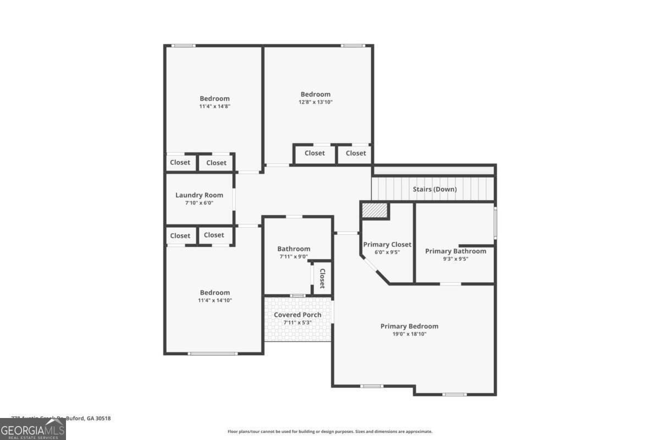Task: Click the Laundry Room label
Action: [199, 195]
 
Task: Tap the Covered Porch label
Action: [298, 315]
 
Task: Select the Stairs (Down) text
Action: [435, 190]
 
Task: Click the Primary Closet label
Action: [387, 245]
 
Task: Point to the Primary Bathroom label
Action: [455, 251]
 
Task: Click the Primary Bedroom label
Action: [409, 326]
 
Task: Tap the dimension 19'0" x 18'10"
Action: [409, 334]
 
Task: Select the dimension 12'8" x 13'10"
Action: [315, 102]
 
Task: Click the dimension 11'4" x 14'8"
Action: [215, 106]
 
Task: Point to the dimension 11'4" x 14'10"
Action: [215, 300]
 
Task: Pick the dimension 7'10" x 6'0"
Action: [199, 203]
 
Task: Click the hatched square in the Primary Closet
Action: [376, 210]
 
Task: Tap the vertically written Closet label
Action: [322, 278]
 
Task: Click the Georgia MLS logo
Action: [33, 429]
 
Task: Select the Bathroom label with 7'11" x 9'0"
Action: [294, 249]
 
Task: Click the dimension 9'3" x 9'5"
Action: [455, 258]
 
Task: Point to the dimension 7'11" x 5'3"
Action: [298, 322]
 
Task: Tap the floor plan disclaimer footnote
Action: [330, 432]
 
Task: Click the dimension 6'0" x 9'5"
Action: [387, 252]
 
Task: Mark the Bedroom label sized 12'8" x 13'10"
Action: [315, 94]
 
